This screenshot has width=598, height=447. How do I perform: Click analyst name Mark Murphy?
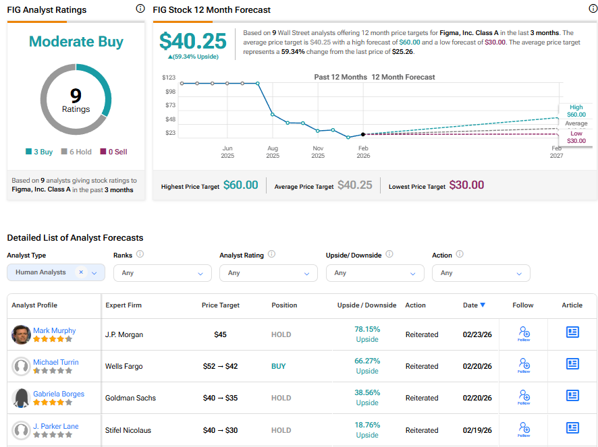pos(54,330)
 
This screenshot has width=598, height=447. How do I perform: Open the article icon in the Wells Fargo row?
pos(572,364)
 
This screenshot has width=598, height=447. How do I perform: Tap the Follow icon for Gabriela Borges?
pos(524,396)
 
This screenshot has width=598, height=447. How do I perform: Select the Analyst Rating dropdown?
pos(269,273)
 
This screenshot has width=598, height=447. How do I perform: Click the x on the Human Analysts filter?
pos(81,272)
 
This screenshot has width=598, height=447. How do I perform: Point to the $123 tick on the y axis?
pos(169,78)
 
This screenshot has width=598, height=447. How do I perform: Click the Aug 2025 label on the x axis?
pos(273,152)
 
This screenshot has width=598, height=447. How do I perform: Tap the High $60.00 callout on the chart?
pos(576,111)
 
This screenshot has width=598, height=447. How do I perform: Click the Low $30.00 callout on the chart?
pos(576,138)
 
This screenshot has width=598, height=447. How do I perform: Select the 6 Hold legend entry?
pos(77,152)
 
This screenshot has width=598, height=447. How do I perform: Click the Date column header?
pos(474,305)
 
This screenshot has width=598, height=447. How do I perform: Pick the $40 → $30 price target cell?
pos(221,430)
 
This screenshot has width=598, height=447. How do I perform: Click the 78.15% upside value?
pos(367,330)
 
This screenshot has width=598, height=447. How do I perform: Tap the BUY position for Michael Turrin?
pos(278,366)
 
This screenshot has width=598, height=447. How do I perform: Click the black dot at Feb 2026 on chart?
pos(363,135)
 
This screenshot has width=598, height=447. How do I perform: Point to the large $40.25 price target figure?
pos(192,41)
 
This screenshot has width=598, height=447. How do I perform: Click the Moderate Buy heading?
pos(76,42)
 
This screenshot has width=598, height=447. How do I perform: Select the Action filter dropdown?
pos(481,273)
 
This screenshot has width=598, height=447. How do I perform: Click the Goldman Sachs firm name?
pos(130,398)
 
